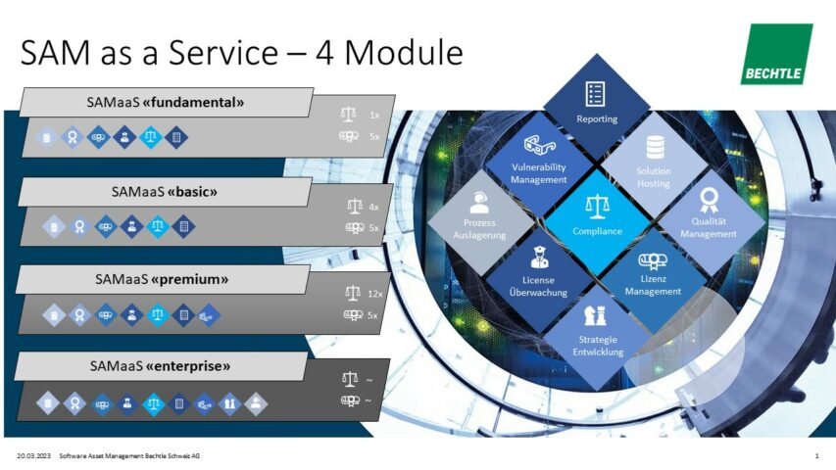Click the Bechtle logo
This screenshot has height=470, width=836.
[775, 54]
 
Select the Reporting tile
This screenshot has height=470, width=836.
[596, 104]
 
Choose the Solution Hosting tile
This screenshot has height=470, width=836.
[653, 162]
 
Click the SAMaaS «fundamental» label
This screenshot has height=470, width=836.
[165, 102]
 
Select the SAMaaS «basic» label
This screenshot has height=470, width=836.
[165, 192]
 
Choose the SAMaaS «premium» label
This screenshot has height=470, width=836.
[163, 279]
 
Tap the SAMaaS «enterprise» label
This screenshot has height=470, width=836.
[163, 366]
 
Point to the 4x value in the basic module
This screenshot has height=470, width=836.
[373, 207]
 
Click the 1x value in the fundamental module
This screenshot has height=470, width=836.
[373, 115]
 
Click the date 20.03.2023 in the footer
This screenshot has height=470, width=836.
[34, 456]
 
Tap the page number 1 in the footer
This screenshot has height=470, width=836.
[816, 456]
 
